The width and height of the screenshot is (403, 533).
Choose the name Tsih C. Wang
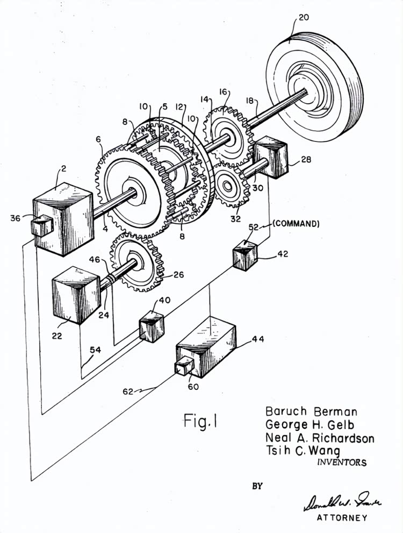(x=303, y=451)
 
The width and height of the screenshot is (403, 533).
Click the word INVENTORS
(x=342, y=462)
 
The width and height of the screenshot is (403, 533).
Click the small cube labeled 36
(x=41, y=226)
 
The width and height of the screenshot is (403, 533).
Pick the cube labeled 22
(x=76, y=296)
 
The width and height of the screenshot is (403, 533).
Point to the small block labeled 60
(x=184, y=368)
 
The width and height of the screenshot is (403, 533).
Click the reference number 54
(x=95, y=350)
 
